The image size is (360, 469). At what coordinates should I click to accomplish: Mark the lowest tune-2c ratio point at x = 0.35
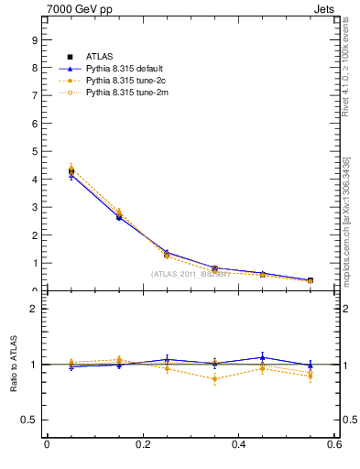coord(214,378)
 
